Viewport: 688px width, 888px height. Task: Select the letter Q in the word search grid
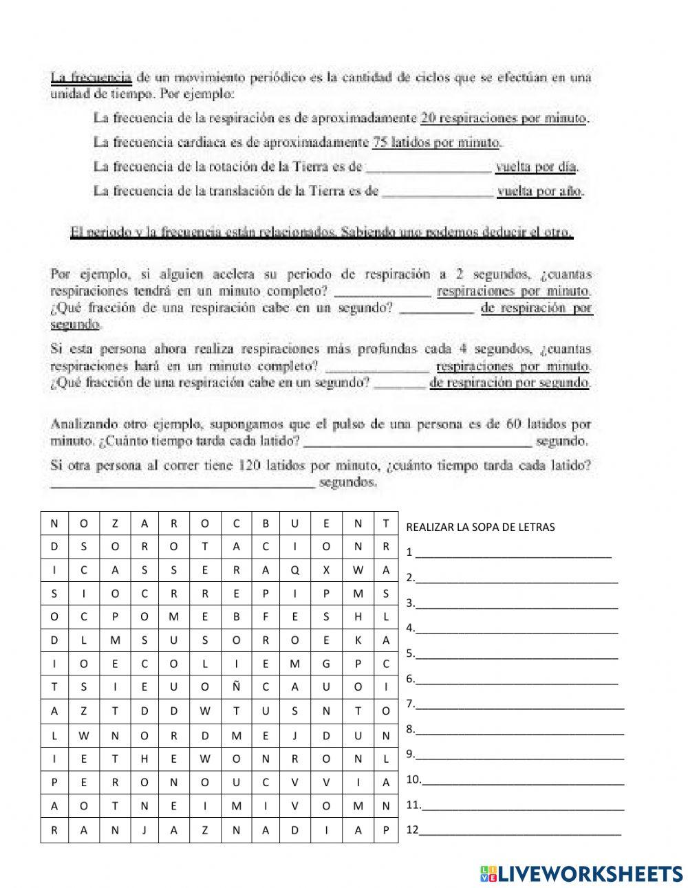pos(296,570)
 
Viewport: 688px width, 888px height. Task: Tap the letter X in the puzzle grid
pos(326,570)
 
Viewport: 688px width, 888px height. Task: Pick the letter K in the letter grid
pos(357,640)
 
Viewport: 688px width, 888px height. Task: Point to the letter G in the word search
pos(326,664)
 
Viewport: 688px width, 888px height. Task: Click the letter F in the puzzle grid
pos(266,617)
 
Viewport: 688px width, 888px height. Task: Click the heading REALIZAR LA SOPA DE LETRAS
pos(480,528)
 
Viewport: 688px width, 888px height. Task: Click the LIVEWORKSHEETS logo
pos(581,872)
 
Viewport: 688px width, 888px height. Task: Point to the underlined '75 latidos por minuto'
pos(436,143)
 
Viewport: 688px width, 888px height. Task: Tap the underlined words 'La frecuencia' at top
pos(91,77)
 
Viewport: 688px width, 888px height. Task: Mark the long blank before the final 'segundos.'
pos(182,483)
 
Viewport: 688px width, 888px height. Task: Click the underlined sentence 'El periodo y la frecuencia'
pos(322,232)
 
